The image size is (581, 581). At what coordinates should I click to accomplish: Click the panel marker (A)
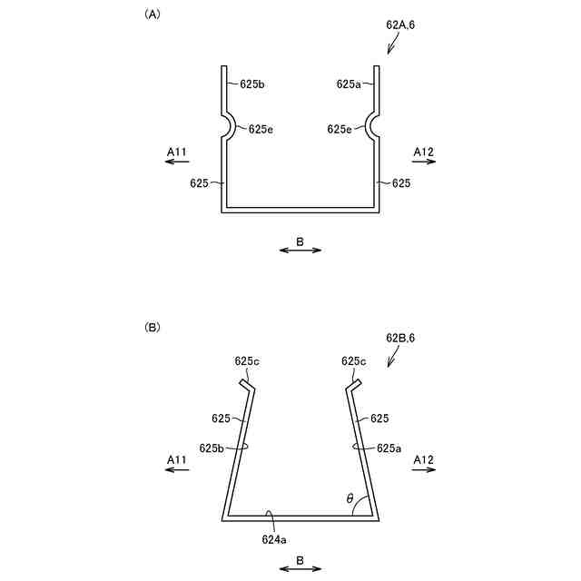(x=152, y=15)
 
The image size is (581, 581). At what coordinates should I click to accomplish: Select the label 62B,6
(x=400, y=338)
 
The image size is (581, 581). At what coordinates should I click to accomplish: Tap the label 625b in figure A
(x=252, y=84)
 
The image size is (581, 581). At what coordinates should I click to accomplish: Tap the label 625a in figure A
(x=349, y=84)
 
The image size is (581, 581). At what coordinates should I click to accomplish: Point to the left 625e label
(x=261, y=129)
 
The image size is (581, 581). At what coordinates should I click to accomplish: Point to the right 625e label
(x=340, y=129)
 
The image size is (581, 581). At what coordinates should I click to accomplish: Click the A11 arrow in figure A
(x=177, y=162)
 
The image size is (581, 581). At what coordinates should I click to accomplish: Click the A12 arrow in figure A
(x=424, y=162)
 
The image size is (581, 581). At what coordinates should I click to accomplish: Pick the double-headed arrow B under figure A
(x=300, y=250)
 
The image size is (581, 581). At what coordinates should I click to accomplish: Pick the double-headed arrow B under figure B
(x=300, y=569)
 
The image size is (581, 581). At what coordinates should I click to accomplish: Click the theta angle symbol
(x=350, y=498)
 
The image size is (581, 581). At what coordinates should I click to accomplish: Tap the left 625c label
(x=247, y=360)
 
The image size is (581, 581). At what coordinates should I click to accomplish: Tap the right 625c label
(x=354, y=360)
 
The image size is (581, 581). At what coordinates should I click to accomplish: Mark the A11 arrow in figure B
(x=177, y=472)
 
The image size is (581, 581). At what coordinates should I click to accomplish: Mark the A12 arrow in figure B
(x=424, y=472)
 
